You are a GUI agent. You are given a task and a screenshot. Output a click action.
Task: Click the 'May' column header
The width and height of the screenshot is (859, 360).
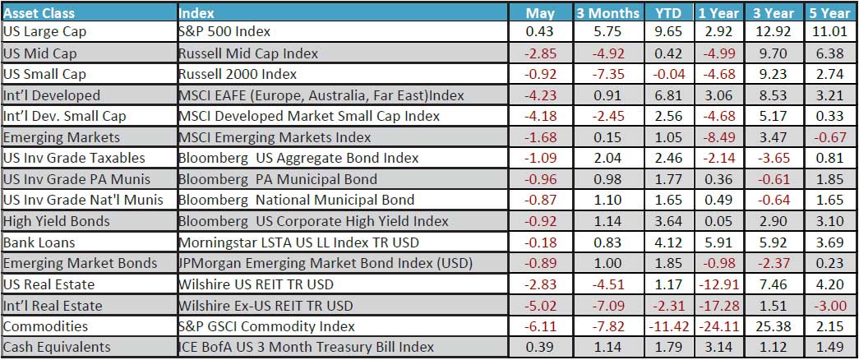pyautogui.click(x=539, y=13)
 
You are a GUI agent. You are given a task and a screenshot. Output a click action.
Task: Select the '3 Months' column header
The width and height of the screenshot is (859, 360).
pyautogui.click(x=607, y=13)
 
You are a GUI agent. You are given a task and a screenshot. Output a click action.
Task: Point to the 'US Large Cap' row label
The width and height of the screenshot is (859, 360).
pyautogui.click(x=44, y=33)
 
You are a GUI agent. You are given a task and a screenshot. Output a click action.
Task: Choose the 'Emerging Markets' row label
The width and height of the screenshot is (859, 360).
pyautogui.click(x=61, y=137)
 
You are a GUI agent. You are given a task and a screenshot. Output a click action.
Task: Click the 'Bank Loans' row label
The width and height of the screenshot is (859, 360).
pyautogui.click(x=39, y=242)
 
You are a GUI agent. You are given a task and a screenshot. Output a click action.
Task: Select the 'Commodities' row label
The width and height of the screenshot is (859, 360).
pyautogui.click(x=45, y=326)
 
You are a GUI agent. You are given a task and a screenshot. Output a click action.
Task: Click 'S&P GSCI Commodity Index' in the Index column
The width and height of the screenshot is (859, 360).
pyautogui.click(x=258, y=326)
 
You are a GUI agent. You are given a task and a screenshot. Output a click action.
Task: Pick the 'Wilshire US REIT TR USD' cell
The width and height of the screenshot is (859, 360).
pyautogui.click(x=254, y=284)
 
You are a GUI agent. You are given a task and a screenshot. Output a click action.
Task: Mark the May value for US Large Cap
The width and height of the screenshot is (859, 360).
pyautogui.click(x=539, y=33)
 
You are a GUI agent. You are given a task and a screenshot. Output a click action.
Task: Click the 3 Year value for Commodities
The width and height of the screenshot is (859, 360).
pyautogui.click(x=771, y=326)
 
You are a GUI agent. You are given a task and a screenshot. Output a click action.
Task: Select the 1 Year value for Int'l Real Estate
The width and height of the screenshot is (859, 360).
pyautogui.click(x=718, y=306)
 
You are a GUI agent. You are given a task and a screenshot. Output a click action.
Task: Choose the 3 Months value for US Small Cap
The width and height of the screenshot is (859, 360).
pyautogui.click(x=607, y=75)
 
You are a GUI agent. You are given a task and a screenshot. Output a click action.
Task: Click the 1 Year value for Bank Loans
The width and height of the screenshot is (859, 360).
pyautogui.click(x=718, y=242)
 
